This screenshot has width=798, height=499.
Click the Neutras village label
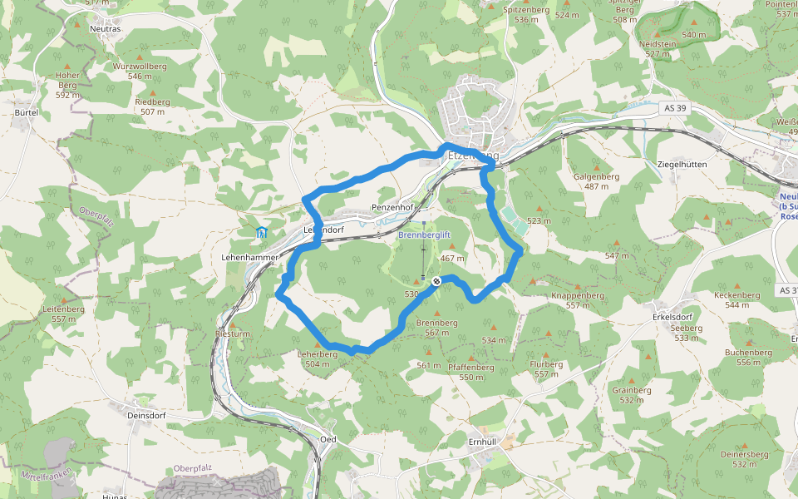tap(105, 28)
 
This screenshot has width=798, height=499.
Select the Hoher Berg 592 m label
tap(67, 84)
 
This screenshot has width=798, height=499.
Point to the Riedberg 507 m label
tap(152, 106)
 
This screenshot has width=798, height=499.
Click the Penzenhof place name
tap(392, 207)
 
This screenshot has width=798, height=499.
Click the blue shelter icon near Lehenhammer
tap(261, 232)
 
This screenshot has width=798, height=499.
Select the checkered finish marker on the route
tap(436, 282)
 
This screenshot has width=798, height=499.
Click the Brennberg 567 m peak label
tap(437, 327)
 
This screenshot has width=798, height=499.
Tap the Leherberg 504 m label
tap(318, 358)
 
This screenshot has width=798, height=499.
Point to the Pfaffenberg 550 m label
tap(470, 371)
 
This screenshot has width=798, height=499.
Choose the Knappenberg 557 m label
tap(577, 299)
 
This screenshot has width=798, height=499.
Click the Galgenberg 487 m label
tap(596, 180)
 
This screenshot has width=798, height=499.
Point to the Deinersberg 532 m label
tap(744, 459)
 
